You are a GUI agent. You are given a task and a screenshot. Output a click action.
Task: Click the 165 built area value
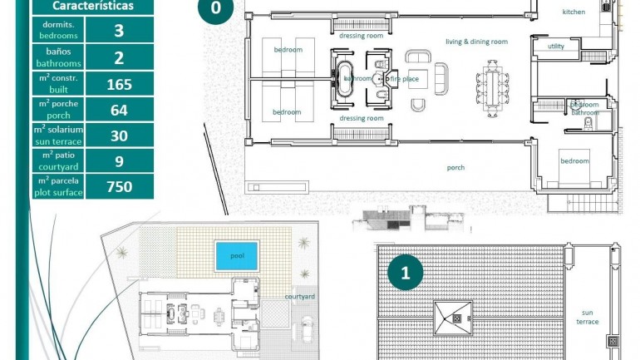(x=120, y=84)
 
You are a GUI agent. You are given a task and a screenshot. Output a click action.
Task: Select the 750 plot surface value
(x=120, y=186)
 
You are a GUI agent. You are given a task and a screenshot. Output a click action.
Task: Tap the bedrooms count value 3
(x=120, y=32)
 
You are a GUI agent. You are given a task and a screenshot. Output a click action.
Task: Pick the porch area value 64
(x=120, y=110)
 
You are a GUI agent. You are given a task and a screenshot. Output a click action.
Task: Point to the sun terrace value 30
(x=120, y=136)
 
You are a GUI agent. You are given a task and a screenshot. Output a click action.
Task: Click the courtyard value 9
(x=120, y=161)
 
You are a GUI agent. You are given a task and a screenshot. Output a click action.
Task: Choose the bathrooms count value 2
(x=120, y=57)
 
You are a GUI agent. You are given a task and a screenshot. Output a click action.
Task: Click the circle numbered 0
(x=216, y=11)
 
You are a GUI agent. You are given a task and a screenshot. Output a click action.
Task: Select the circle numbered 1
(x=406, y=272)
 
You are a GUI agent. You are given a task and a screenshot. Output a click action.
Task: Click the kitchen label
(x=574, y=12)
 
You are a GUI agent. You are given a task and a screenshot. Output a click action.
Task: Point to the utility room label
(x=556, y=47)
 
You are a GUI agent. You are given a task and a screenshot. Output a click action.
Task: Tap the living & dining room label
(x=476, y=42)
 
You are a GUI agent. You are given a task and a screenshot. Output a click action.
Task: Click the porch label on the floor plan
(x=455, y=167)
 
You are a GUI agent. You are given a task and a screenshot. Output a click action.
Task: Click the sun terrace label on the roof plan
(x=589, y=317)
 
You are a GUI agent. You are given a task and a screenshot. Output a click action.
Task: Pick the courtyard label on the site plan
(x=299, y=296)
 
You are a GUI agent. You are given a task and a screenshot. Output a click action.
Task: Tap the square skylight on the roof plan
(x=452, y=317)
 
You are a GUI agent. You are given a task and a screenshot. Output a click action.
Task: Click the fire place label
(x=405, y=79)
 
